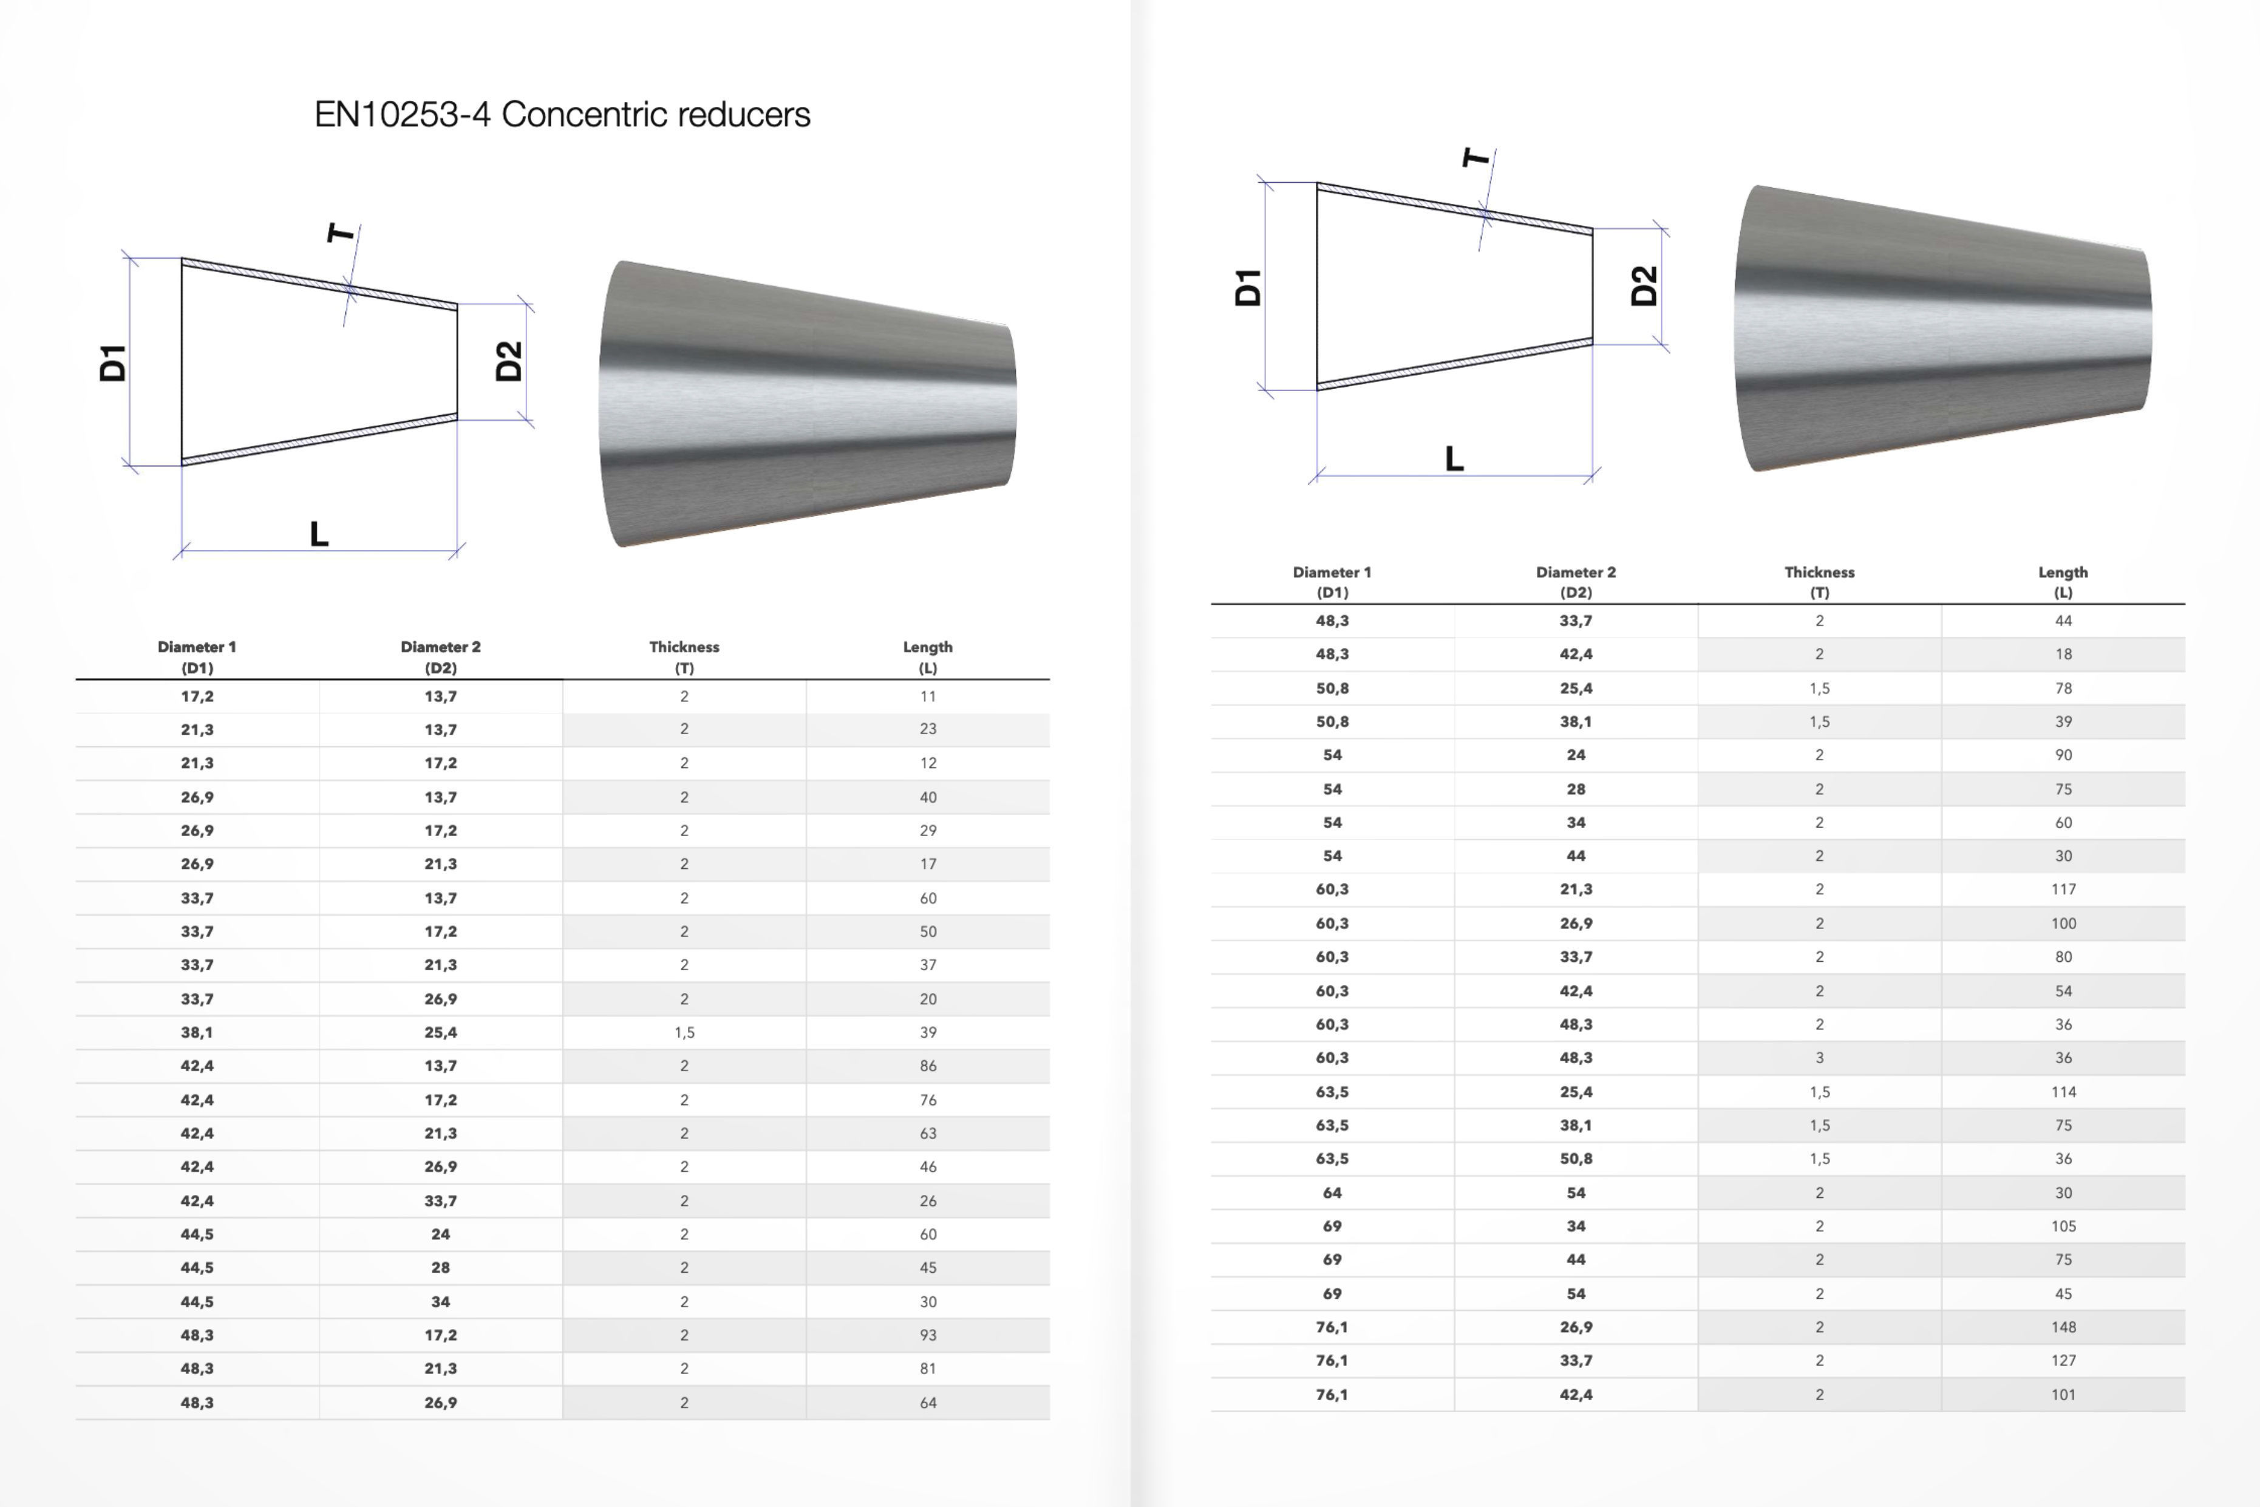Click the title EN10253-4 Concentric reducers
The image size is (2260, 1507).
coord(562,114)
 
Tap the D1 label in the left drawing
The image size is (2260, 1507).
coord(112,362)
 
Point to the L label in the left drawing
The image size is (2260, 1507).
coord(319,534)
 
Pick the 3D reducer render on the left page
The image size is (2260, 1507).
coord(807,404)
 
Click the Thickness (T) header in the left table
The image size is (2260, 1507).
coord(684,656)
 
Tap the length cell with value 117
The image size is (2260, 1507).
coord(2063,889)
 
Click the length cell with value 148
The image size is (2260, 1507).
coord(2063,1326)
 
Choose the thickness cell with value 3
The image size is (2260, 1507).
coord(1819,1057)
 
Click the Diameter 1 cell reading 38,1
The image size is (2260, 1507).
coord(197,1032)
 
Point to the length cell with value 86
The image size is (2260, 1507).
coord(927,1066)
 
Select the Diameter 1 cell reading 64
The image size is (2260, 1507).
coord(1332,1192)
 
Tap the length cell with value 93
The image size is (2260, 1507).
coord(927,1335)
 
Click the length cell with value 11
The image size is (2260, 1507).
coord(927,696)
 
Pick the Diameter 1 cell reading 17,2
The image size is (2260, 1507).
coord(197,696)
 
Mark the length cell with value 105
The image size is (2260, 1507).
coord(2063,1226)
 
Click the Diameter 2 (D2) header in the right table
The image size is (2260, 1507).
coord(1576,582)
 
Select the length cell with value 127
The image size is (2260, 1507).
coord(2063,1360)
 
